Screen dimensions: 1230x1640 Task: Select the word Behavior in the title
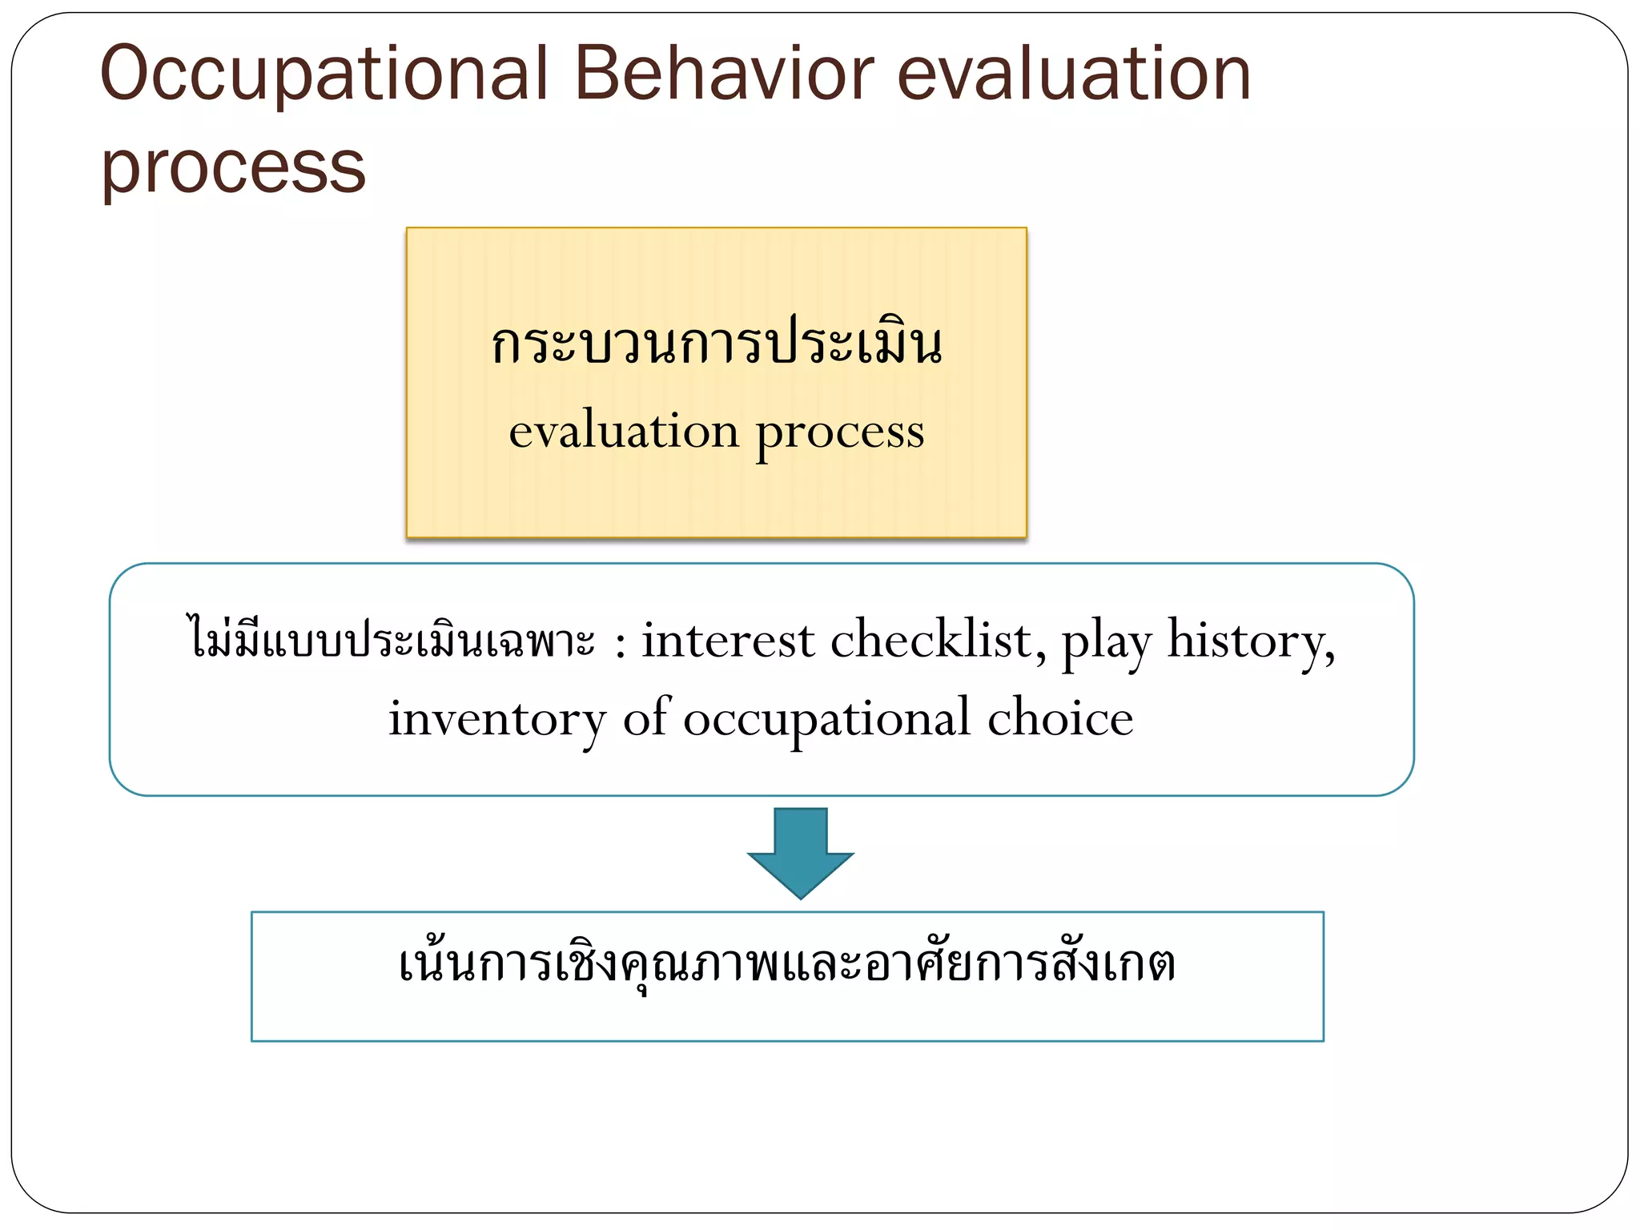click(724, 74)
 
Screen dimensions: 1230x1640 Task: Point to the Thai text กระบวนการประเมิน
click(717, 344)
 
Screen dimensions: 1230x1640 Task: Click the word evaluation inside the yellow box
click(624, 432)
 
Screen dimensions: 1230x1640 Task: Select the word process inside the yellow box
click(840, 433)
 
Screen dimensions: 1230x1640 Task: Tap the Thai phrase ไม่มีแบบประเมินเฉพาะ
click(392, 641)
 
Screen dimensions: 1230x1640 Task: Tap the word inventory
click(497, 718)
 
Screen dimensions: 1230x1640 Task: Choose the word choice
click(1059, 718)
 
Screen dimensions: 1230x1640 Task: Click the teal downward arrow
click(800, 854)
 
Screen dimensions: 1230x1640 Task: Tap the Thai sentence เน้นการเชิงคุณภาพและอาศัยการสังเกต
click(786, 964)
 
